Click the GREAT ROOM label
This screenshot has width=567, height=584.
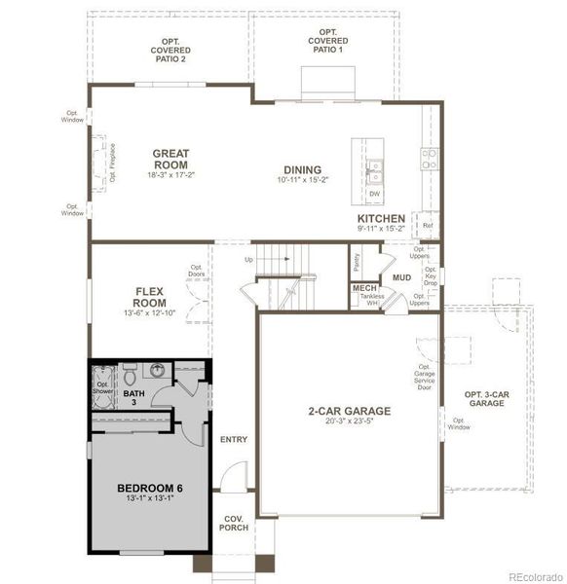point(170,159)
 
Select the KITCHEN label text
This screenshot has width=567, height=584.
point(381,219)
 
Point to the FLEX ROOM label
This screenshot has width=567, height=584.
point(155,296)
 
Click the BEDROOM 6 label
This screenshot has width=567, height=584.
point(150,488)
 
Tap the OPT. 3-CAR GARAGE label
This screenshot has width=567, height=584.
point(486,398)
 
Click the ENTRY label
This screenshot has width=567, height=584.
point(234,439)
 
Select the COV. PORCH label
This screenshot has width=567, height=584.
point(234,523)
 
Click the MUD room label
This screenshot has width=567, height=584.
point(401,278)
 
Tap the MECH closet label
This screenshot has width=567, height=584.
point(364,289)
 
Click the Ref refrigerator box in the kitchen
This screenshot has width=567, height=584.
point(427,226)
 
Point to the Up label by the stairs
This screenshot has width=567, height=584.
point(248,260)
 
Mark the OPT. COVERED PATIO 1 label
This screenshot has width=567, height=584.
point(327,40)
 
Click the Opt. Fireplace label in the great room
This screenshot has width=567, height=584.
point(112,164)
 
